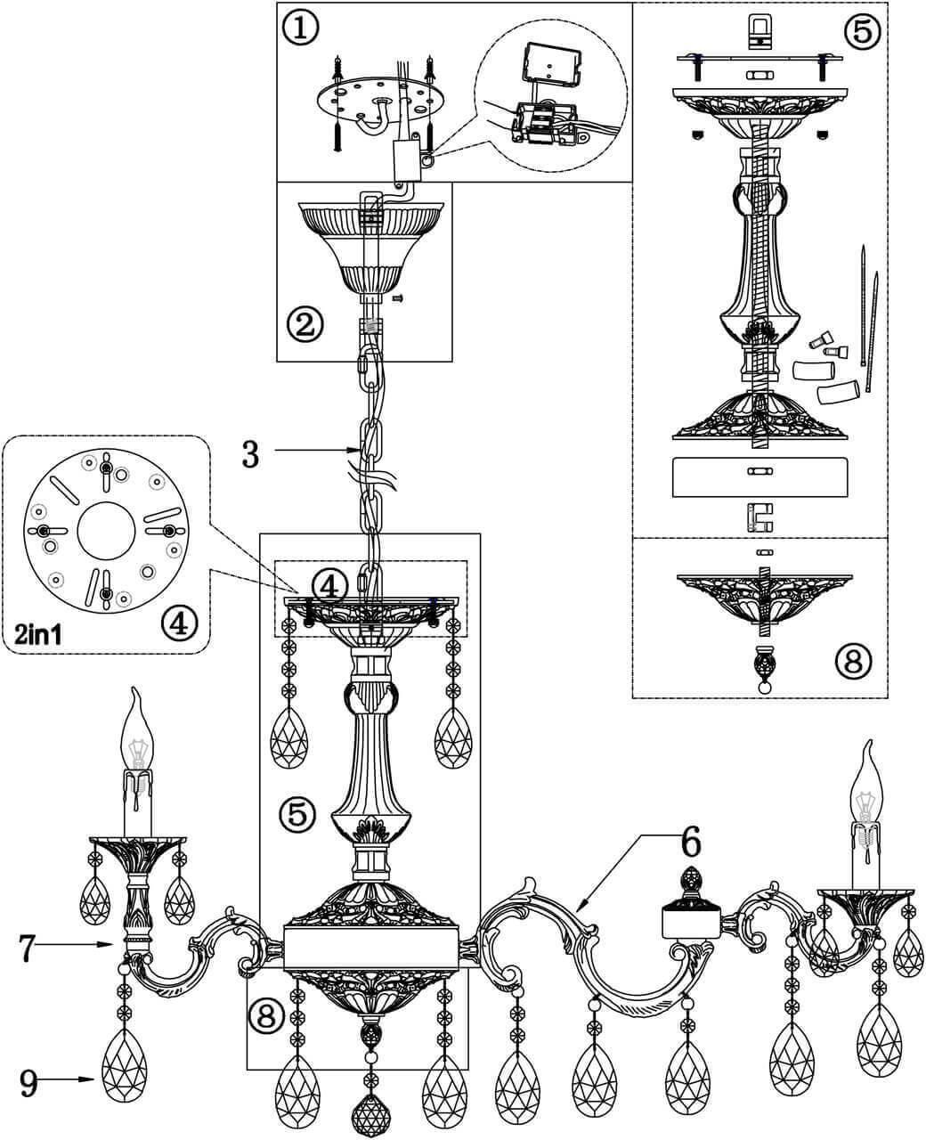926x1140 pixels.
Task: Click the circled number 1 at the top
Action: tap(299, 27)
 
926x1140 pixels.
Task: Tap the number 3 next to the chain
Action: tap(250, 453)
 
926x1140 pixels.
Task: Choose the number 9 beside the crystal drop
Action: tap(28, 1081)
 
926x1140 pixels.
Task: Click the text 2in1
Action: tap(45, 635)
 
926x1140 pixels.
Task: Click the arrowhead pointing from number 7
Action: tap(107, 945)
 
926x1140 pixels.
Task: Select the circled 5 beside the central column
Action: tap(296, 813)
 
